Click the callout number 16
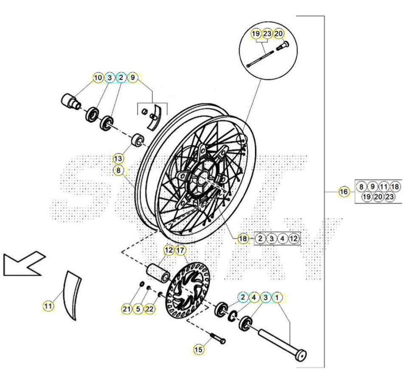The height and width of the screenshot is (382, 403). pos(344,192)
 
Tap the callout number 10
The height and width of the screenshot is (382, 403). pos(98,78)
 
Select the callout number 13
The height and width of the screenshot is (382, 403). pos(118,159)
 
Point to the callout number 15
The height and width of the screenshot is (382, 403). pos(198,349)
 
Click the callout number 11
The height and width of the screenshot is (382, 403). pos(48,306)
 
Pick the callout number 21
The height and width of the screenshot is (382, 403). pos(127,309)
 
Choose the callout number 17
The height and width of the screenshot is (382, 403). pos(180,250)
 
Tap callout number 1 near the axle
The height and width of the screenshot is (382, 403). pos(277,298)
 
